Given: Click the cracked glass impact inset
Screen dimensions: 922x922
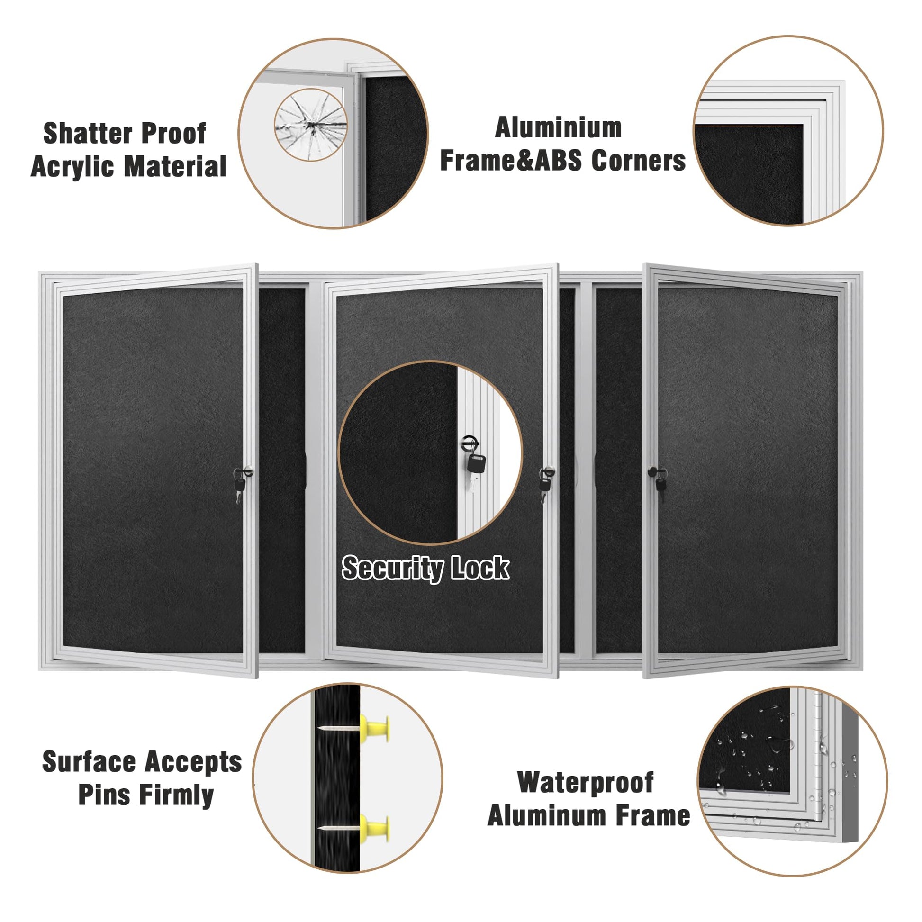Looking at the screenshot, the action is pyautogui.click(x=311, y=125).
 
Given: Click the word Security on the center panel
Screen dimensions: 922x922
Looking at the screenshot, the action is pyautogui.click(x=392, y=569).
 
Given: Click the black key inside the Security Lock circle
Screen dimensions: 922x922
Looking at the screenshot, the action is pyautogui.click(x=476, y=462).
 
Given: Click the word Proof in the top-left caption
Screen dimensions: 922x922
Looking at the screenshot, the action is pyautogui.click(x=167, y=134).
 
